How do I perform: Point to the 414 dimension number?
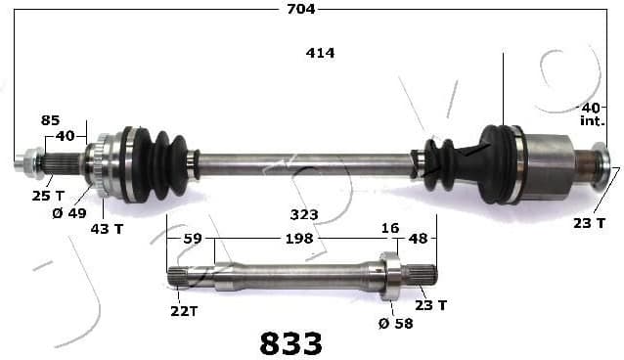coord(320,53)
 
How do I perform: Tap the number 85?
coord(51,120)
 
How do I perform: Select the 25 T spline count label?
coord(42,196)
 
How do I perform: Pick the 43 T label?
coord(108,228)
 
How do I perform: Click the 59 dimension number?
coord(193,238)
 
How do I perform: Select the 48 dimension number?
coord(418,238)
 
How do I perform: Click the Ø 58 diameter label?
coord(394,323)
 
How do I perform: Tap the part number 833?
coord(290,342)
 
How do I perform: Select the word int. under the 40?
coord(591,121)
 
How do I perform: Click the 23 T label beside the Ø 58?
coord(430,305)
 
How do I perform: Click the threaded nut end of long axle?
coord(26,161)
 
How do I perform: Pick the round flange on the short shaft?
coord(390,276)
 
